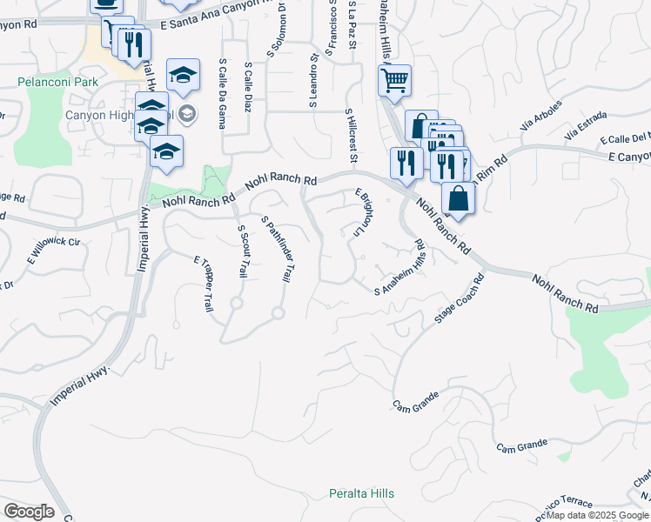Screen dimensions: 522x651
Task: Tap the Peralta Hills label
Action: click(x=361, y=493)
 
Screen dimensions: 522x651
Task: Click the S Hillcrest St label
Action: click(x=352, y=136)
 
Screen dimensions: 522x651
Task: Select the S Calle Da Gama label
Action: click(x=223, y=93)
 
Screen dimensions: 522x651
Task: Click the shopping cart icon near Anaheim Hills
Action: click(x=394, y=82)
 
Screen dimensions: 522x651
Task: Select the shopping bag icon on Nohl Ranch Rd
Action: click(x=458, y=198)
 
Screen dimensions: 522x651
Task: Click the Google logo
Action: click(x=30, y=512)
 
